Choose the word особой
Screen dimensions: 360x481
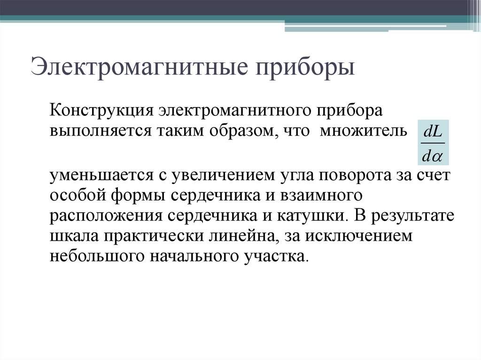tap(74, 196)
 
